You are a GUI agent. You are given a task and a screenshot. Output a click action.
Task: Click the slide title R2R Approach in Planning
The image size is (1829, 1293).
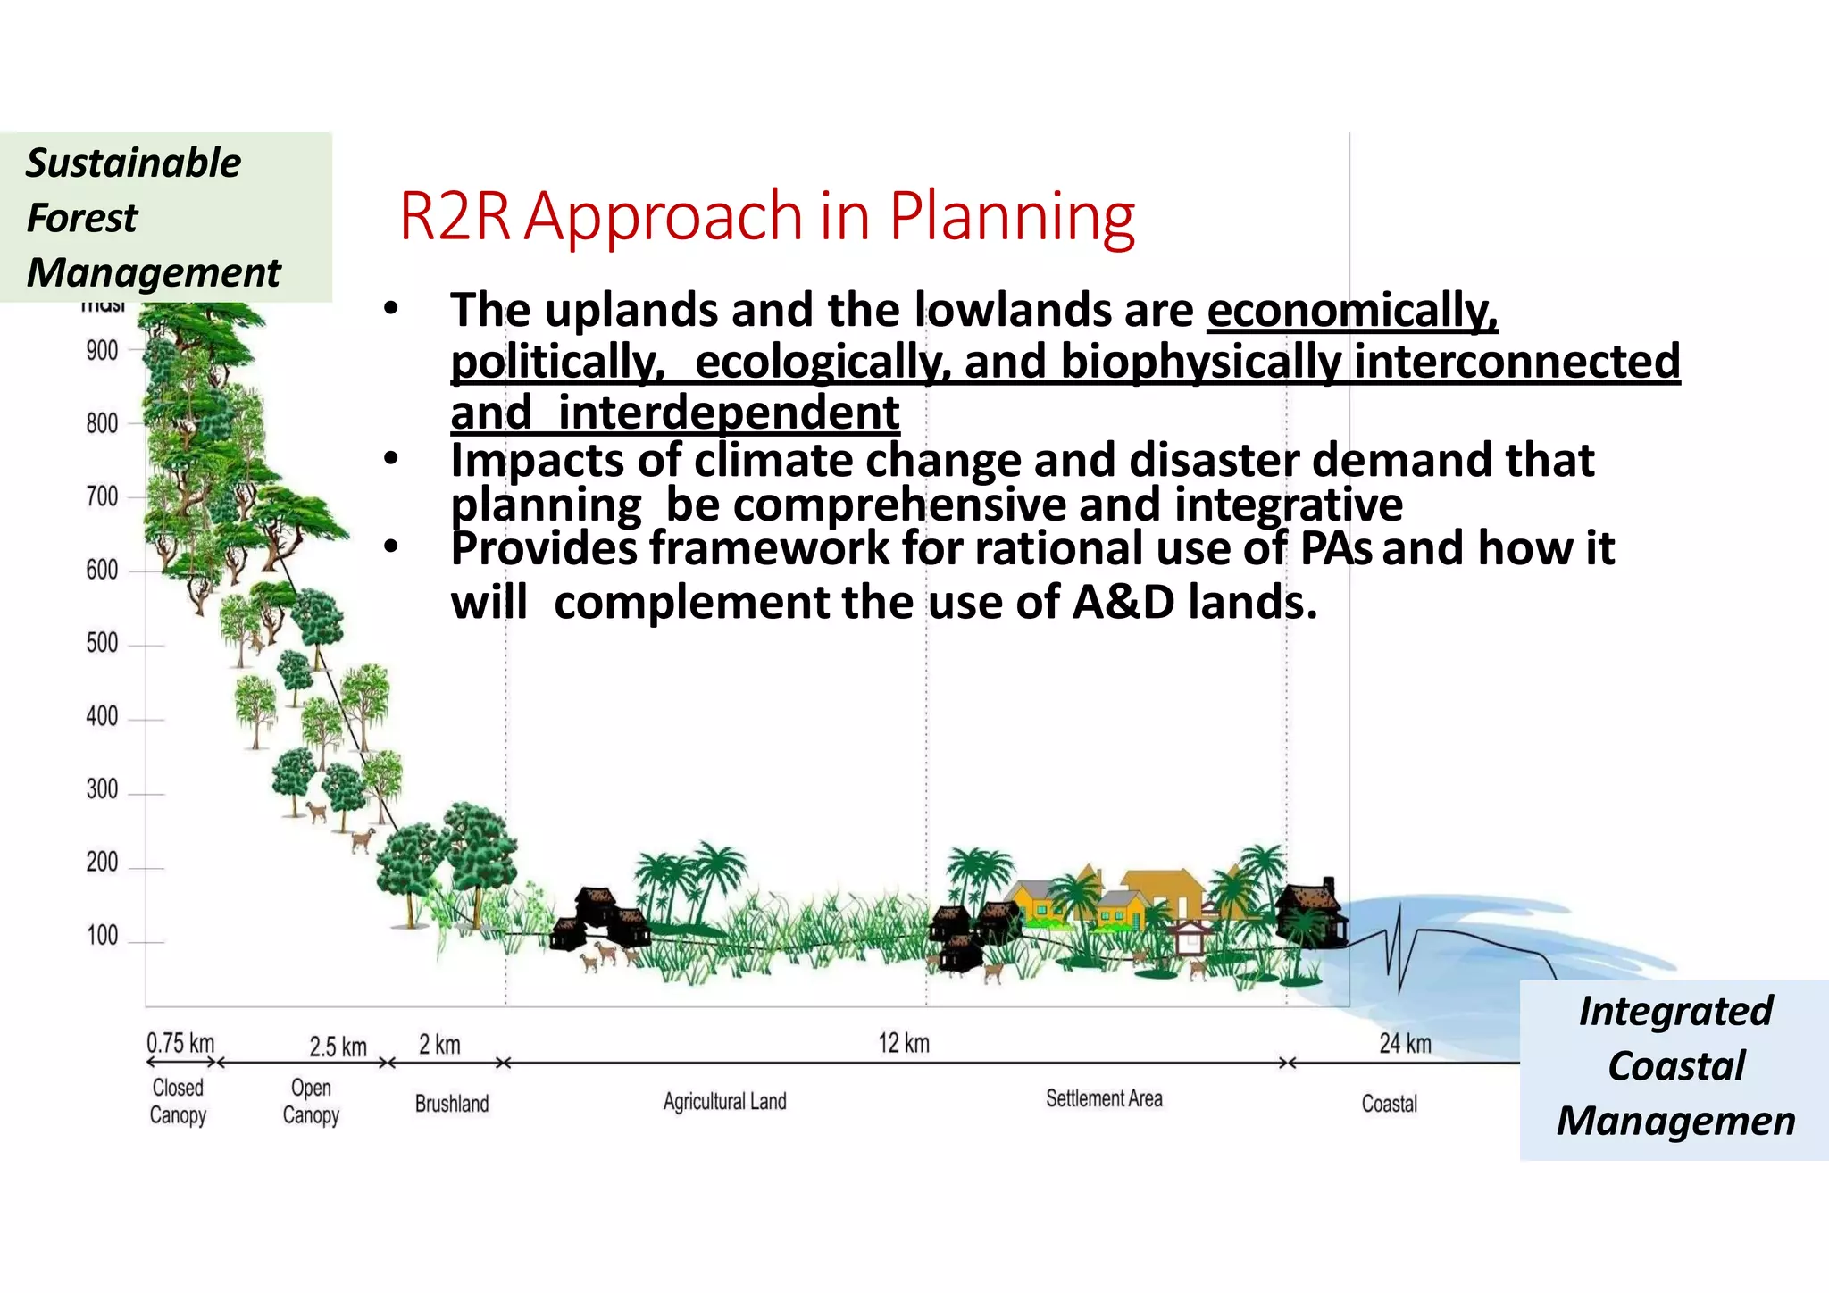point(766,216)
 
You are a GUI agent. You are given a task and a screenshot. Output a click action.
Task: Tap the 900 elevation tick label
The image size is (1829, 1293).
point(102,351)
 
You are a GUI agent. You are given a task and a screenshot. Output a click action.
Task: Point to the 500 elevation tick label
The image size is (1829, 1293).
point(102,643)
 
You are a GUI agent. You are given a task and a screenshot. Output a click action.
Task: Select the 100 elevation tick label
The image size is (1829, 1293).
point(102,936)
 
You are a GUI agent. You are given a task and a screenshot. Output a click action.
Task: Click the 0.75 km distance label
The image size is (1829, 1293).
point(180,1043)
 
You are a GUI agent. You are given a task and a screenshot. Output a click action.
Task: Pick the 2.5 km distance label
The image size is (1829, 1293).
point(338,1047)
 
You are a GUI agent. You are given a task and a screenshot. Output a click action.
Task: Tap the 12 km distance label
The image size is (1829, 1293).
point(904,1043)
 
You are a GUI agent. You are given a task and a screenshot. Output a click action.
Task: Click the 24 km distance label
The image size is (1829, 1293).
point(1405,1043)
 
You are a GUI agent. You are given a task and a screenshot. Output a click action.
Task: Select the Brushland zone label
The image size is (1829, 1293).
point(452,1104)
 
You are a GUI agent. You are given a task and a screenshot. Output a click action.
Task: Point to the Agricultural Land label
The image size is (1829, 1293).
point(724,1101)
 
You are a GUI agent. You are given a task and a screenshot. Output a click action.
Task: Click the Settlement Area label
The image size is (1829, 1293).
point(1104,1098)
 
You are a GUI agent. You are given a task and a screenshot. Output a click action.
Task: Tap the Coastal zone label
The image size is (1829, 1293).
point(1389,1104)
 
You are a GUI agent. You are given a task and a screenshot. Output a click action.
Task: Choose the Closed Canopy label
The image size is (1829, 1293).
point(178,1101)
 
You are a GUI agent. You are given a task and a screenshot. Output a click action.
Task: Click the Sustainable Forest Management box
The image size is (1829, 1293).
point(165,217)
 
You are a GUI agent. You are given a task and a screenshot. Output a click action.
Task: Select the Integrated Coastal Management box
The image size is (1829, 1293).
point(1674,1067)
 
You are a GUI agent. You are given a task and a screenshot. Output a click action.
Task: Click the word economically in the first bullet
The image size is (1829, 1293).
point(1351,311)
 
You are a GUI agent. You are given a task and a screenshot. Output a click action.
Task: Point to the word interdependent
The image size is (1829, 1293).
point(728,413)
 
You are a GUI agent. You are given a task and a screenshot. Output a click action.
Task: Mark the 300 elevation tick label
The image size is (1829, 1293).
point(102,789)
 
